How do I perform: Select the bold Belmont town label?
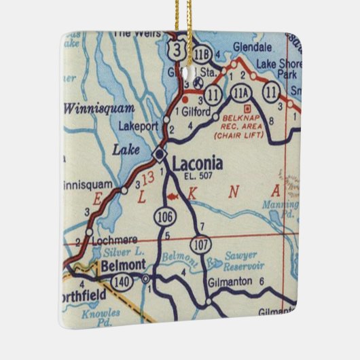tap(120, 266)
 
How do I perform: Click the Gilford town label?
tap(197, 111)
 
